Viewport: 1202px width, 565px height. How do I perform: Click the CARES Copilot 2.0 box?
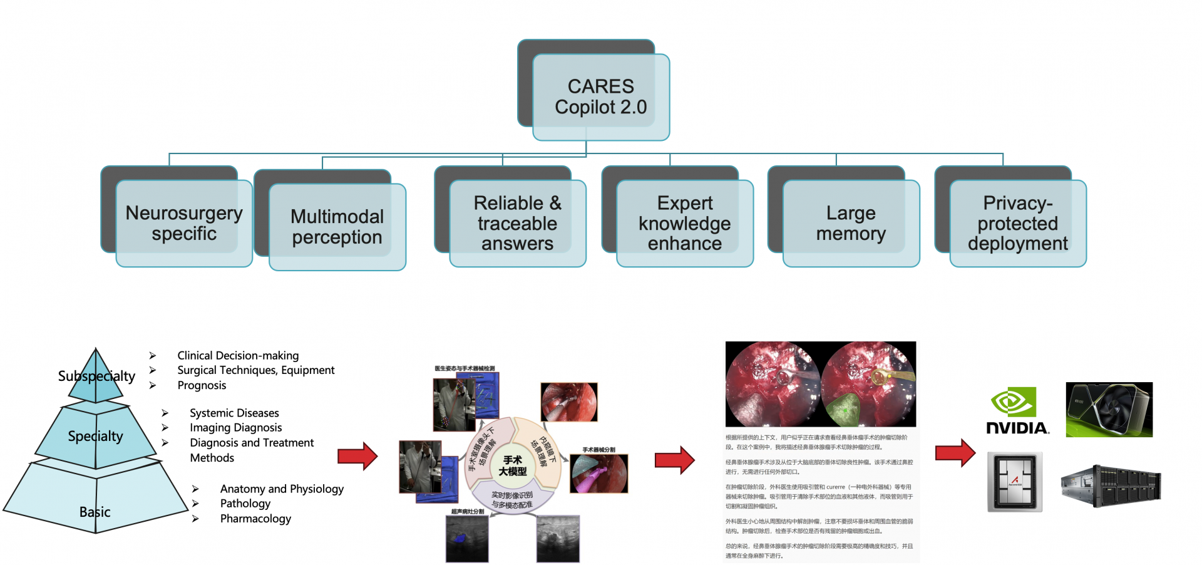pos(600,96)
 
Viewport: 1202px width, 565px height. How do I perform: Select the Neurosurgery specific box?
pos(184,223)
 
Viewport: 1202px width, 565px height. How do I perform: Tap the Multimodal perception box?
pos(337,226)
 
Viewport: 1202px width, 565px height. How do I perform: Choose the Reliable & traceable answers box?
pos(517,223)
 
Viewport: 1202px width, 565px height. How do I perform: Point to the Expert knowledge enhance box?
pos(684,223)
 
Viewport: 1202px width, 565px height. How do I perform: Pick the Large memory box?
pos(851,223)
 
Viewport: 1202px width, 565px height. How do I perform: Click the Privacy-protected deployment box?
pos(1017,223)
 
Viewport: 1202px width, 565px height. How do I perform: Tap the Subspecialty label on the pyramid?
pos(96,376)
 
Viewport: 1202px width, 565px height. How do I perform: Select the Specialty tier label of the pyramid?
pos(95,436)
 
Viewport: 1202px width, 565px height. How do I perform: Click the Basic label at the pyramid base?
pos(95,512)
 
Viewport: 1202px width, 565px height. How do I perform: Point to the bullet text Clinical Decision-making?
pos(238,355)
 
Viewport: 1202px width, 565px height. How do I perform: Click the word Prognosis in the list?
pos(202,385)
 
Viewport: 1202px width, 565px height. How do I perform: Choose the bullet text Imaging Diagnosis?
pos(235,427)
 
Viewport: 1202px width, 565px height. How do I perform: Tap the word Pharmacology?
pos(255,519)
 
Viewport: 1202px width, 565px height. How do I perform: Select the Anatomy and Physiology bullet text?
pos(282,489)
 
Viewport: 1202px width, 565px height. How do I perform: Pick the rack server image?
pos(1111,485)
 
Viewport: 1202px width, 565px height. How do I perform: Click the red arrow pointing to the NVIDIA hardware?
pos(955,452)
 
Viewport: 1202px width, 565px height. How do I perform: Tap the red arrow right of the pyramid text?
pos(357,456)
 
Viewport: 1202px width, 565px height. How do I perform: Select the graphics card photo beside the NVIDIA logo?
pos(1109,410)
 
